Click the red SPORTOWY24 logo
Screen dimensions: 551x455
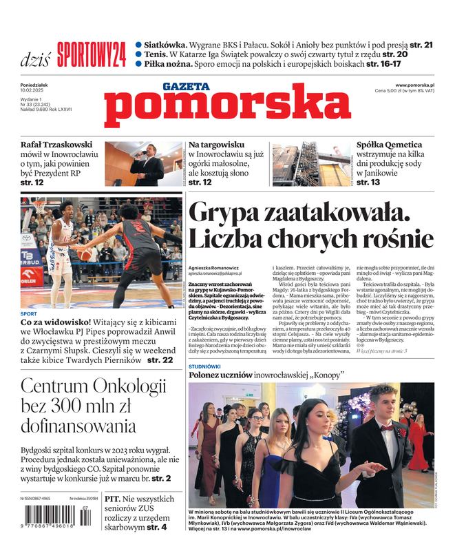(92, 54)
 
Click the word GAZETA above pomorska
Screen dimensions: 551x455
(186, 87)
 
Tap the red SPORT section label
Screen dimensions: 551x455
(28, 313)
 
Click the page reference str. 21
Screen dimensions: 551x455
(419, 45)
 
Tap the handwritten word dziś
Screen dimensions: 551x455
(35, 59)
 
